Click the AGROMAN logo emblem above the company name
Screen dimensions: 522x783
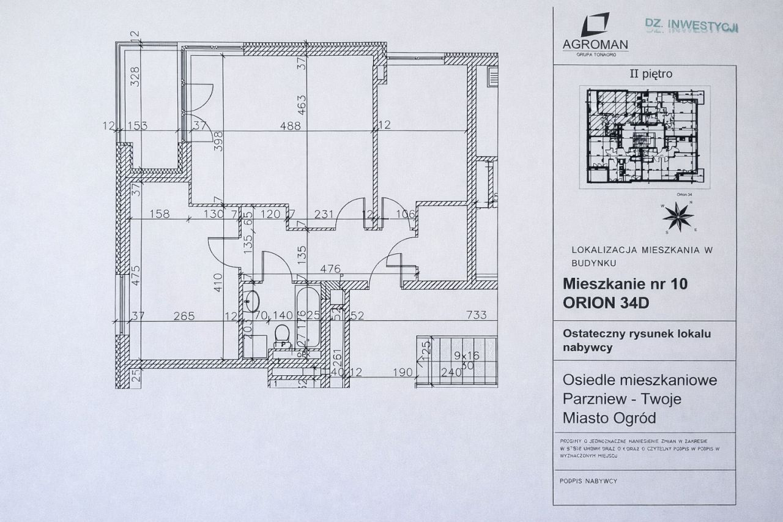(x=595, y=24)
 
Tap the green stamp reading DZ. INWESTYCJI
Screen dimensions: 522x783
(x=692, y=25)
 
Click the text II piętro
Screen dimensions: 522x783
(x=651, y=74)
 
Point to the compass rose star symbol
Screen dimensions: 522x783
(x=678, y=216)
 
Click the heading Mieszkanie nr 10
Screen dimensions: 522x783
(x=625, y=284)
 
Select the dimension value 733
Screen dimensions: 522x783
(x=476, y=316)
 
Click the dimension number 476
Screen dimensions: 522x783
(x=330, y=269)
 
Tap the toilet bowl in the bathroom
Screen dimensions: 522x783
(x=282, y=334)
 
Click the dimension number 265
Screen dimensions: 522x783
(x=184, y=316)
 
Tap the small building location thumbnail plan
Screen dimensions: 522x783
(x=645, y=136)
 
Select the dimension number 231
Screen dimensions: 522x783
(x=324, y=214)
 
